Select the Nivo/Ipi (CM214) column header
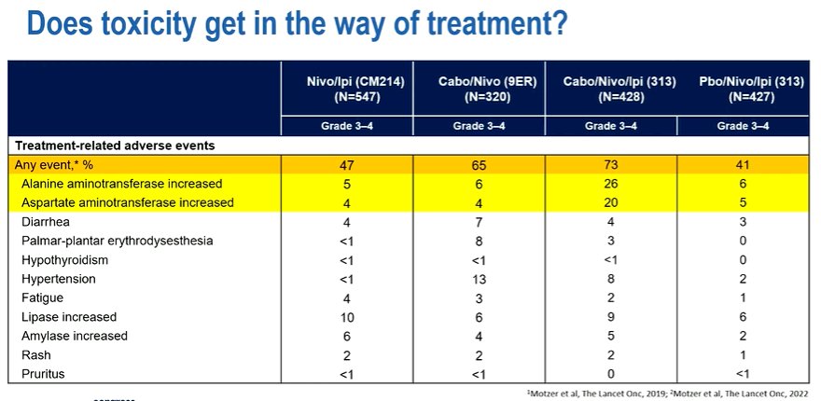click(x=347, y=89)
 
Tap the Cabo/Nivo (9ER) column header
click(x=480, y=89)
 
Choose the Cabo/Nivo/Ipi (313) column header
click(x=611, y=89)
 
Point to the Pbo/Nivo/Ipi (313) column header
click(x=743, y=89)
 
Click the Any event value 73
click(x=611, y=165)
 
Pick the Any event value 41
click(x=743, y=165)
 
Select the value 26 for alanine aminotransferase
click(x=611, y=184)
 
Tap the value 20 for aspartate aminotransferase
click(x=611, y=202)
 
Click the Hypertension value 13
click(x=480, y=279)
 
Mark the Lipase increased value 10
click(x=347, y=317)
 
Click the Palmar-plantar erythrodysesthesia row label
click(x=118, y=241)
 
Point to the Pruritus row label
click(x=44, y=374)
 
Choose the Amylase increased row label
click(x=75, y=336)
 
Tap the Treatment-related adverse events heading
click(x=115, y=145)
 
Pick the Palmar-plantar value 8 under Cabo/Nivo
click(x=480, y=242)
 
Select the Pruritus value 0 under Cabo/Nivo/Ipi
click(x=611, y=374)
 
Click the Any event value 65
click(x=480, y=165)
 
